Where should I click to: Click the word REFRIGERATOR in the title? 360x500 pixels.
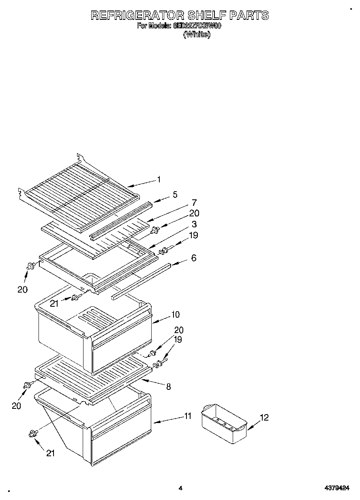[x=137, y=15]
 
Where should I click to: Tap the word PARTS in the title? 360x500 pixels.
[x=249, y=15]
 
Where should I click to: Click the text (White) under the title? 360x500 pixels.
[x=197, y=34]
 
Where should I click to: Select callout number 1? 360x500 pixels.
[x=159, y=179]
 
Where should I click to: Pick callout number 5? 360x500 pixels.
[x=175, y=194]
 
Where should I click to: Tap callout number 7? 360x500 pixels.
[x=194, y=203]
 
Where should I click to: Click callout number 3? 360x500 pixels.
[x=194, y=224]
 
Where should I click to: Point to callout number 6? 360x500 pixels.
[x=194, y=258]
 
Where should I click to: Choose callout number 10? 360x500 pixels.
[x=175, y=314]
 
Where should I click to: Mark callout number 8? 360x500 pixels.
[x=168, y=387]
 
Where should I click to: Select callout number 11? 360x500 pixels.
[x=188, y=416]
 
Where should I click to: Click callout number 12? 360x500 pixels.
[x=264, y=417]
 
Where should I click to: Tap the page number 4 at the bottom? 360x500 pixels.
[x=180, y=488]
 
